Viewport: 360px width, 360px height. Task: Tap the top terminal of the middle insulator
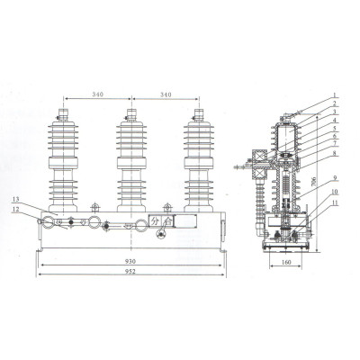point(130,115)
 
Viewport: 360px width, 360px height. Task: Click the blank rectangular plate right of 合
point(187,219)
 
